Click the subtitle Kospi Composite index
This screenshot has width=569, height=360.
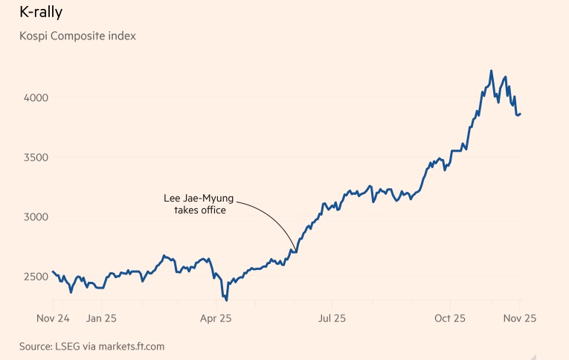(77, 35)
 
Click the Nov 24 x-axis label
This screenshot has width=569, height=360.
(53, 318)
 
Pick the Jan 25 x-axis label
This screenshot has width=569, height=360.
(101, 318)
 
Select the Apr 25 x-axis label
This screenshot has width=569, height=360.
(216, 318)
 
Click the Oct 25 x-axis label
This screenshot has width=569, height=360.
(449, 318)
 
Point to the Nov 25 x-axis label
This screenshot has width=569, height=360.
(520, 318)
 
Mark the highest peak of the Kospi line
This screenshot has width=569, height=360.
(491, 71)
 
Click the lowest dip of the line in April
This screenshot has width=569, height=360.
(226, 300)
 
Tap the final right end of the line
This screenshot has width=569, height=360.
(521, 114)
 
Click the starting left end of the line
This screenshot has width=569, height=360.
(53, 271)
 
